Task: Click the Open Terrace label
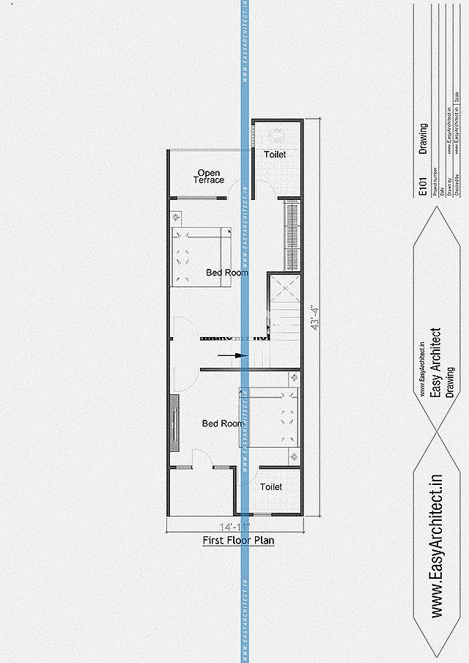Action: click(x=210, y=177)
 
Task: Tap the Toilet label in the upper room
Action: click(x=275, y=155)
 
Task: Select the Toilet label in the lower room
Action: click(x=271, y=486)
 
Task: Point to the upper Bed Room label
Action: click(x=226, y=273)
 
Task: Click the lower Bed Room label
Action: click(x=222, y=423)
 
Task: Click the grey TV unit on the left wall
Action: click(x=174, y=423)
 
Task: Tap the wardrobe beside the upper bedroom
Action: click(x=292, y=234)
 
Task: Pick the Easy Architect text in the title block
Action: click(x=435, y=363)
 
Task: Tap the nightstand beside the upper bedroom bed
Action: click(x=177, y=218)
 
